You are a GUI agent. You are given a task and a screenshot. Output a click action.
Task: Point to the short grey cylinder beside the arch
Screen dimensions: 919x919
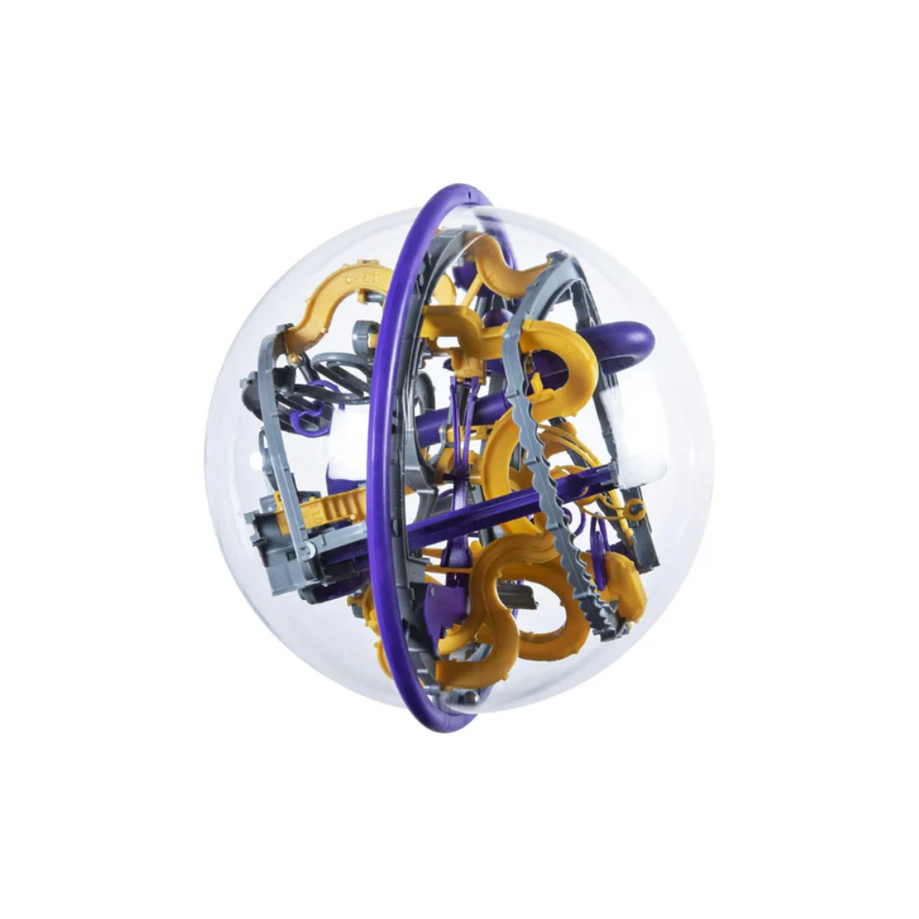pos(366,332)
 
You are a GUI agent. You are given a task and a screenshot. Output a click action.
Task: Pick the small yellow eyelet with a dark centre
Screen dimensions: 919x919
pos(634,510)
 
